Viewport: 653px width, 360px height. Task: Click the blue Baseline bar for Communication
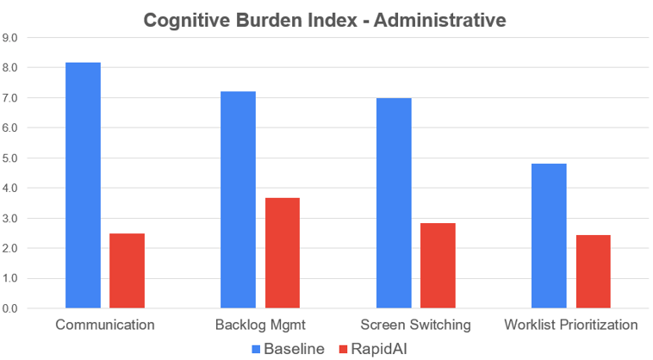click(83, 185)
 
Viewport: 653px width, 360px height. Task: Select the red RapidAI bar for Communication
click(127, 270)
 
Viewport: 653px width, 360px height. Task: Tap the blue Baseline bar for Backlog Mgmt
click(238, 200)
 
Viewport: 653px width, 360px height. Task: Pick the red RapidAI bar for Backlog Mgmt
click(283, 252)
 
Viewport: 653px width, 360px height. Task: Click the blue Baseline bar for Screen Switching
click(394, 203)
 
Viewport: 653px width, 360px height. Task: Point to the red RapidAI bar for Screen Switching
click(438, 265)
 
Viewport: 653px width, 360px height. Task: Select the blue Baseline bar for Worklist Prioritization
click(549, 236)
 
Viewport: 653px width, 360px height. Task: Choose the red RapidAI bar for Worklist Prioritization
click(594, 271)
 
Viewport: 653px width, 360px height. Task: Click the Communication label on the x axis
click(105, 326)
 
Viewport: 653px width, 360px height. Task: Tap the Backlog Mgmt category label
click(260, 326)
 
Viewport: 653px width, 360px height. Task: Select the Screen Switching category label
click(415, 326)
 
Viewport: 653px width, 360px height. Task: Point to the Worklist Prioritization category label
click(571, 326)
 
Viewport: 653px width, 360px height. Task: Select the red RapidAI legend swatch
click(343, 348)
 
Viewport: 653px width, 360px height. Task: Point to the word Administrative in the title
click(439, 20)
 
